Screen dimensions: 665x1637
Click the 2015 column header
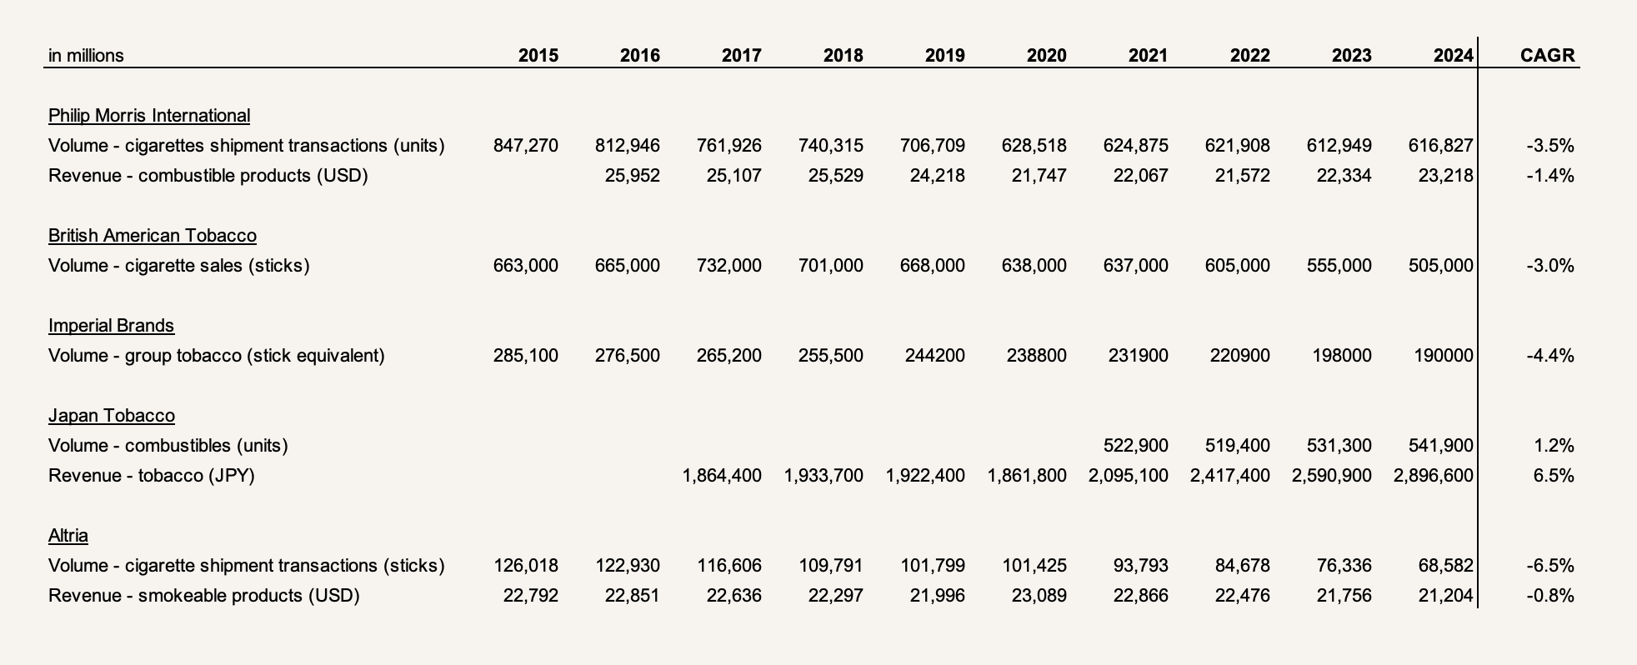coord(538,56)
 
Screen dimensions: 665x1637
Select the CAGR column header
coord(1547,56)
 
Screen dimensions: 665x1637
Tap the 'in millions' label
coord(86,56)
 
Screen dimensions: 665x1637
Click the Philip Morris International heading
coord(149,116)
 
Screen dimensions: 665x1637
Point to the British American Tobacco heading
coord(153,236)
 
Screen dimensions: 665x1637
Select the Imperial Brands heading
coord(112,326)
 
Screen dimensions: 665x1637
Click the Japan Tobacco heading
coord(112,416)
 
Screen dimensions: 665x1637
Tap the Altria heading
coord(68,536)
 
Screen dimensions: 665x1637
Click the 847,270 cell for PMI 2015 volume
coord(526,146)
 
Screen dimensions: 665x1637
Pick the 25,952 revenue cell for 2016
coord(633,176)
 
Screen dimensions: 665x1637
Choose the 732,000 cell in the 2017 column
coord(729,266)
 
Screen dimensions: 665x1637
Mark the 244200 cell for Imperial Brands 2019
coord(935,356)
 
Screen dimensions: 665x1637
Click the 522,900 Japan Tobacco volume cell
coord(1136,446)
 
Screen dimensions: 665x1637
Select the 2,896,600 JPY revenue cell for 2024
coord(1433,476)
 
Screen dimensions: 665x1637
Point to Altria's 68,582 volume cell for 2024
coord(1446,566)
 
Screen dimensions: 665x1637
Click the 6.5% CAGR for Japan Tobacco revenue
coord(1554,476)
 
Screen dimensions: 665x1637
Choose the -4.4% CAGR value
coord(1550,356)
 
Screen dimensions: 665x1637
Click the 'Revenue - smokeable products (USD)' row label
coord(204,596)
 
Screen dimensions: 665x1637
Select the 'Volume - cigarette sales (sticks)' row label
coord(179,266)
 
